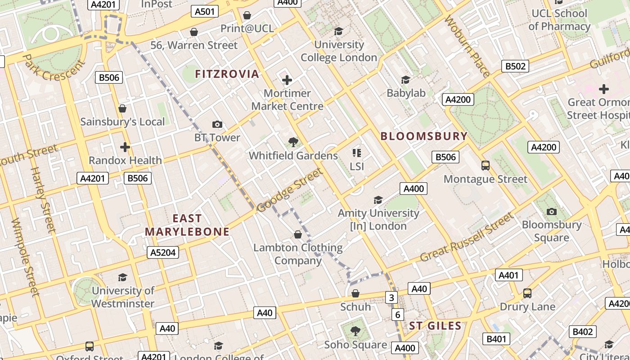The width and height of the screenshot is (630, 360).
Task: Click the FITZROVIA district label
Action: [x=227, y=74]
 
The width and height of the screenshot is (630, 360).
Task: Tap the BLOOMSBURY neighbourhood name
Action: [x=424, y=136]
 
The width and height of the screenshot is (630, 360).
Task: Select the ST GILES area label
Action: [x=435, y=326]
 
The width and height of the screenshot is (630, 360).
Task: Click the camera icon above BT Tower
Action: [x=217, y=125]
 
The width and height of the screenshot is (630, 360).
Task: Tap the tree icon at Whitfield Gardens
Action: [x=293, y=143]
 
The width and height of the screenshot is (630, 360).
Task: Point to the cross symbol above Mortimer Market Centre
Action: [x=287, y=81]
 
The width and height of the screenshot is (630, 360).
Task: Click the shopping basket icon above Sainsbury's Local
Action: [x=122, y=108]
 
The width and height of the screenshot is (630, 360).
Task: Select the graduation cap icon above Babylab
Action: [x=405, y=80]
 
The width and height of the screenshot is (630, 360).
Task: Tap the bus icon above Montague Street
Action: [x=485, y=166]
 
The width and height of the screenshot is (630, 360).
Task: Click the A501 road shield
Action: [x=205, y=11]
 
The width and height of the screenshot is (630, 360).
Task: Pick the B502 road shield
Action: [x=515, y=66]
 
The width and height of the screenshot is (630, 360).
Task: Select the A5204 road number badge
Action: [x=163, y=252]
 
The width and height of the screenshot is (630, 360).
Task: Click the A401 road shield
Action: [x=509, y=275]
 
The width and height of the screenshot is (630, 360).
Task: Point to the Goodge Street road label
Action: [x=290, y=190]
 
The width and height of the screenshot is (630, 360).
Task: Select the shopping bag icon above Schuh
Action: [x=355, y=294]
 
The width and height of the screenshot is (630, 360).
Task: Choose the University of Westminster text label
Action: [x=122, y=297]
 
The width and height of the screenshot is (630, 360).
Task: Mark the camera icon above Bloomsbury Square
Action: [x=551, y=211]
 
